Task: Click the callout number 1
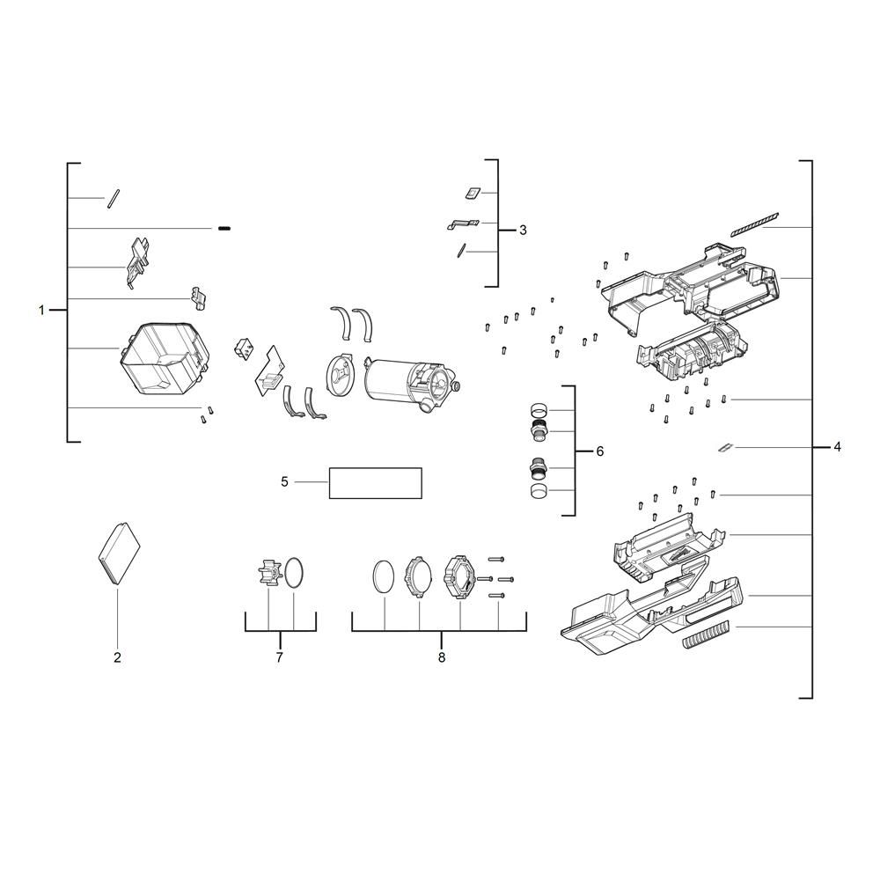click(x=41, y=310)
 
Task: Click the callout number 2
click(x=117, y=657)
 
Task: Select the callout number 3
click(x=523, y=230)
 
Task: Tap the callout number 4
click(x=837, y=447)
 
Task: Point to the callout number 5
click(x=284, y=482)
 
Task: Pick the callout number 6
click(x=600, y=451)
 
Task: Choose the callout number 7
click(x=280, y=657)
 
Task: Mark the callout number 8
click(x=442, y=657)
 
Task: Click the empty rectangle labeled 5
click(x=375, y=482)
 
